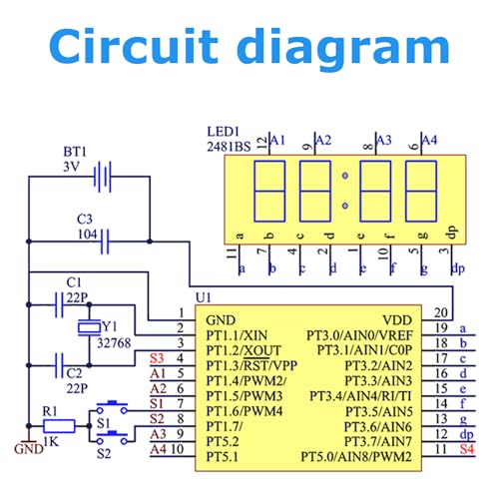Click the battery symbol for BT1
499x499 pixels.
click(103, 177)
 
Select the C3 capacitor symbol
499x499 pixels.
click(105, 242)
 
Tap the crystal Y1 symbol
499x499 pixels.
click(89, 327)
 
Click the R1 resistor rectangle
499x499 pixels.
click(59, 426)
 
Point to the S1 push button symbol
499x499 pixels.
click(112, 407)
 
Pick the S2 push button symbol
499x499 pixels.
click(112, 437)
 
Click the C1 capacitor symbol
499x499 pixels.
click(59, 304)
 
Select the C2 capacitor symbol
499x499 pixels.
click(59, 365)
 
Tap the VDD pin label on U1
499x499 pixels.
click(397, 320)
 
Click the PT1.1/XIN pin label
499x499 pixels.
click(237, 335)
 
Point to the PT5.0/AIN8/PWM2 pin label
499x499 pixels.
click(356, 457)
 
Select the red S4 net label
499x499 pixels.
click(467, 449)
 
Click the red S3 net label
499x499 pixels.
click(157, 358)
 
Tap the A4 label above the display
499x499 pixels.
click(429, 140)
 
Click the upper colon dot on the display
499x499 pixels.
click(345, 176)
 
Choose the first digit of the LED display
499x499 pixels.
click(269, 192)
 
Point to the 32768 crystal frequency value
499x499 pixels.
click(114, 343)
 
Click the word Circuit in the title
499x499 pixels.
click(134, 46)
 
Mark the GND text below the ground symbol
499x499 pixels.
click(29, 449)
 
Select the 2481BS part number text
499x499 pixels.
click(229, 147)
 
